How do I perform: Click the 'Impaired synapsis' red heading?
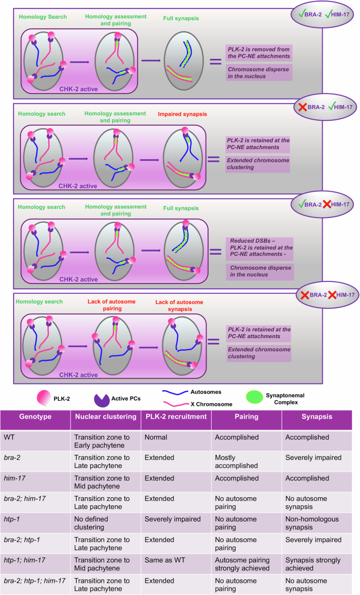coord(177,113)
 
